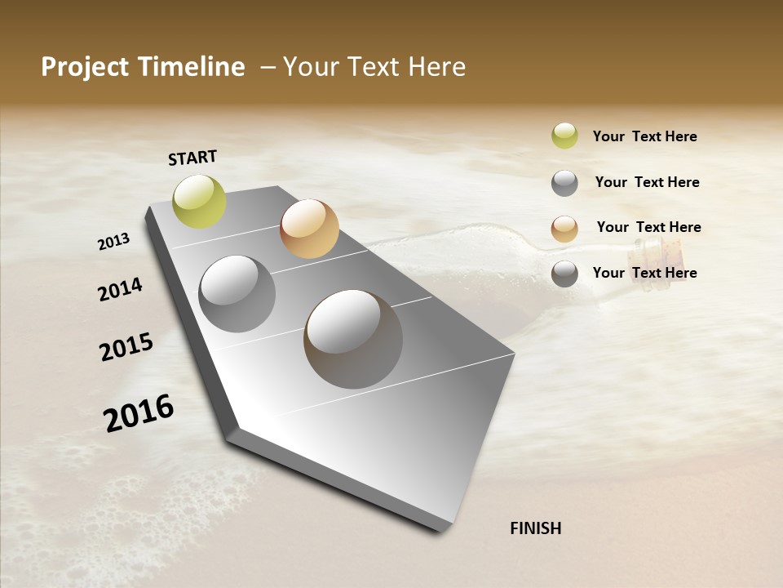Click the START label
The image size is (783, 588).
[192, 158]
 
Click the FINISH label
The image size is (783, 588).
[535, 528]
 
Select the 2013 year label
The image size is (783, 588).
[113, 241]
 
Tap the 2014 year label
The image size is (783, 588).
[120, 289]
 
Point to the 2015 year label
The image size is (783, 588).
[126, 347]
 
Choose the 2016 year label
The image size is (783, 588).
[139, 412]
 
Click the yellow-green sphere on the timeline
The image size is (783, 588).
[200, 201]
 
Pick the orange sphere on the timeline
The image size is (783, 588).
[309, 229]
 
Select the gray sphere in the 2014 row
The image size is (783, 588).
[237, 294]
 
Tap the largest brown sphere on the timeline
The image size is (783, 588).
[353, 339]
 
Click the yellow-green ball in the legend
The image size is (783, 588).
[564, 136]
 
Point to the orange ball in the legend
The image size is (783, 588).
[564, 228]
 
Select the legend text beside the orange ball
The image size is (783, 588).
[648, 227]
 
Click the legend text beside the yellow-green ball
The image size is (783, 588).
[644, 136]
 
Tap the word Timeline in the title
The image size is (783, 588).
[196, 67]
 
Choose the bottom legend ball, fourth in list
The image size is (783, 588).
[564, 274]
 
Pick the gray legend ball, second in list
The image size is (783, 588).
[564, 183]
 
